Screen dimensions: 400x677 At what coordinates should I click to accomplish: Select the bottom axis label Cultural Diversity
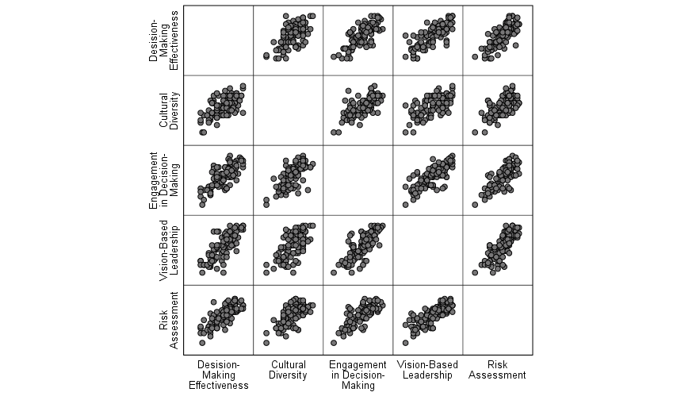[x=288, y=370]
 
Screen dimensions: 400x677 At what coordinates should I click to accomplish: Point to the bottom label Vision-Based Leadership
[x=427, y=370]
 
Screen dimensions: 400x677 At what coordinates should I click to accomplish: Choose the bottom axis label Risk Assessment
[x=497, y=370]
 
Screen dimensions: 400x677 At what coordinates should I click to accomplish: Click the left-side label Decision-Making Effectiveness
[x=164, y=40]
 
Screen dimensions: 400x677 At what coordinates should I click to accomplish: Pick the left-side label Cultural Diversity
[x=169, y=110]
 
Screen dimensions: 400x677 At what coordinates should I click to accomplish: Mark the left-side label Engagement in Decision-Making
[x=164, y=180]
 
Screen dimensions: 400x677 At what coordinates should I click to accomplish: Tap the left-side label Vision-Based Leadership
[x=169, y=250]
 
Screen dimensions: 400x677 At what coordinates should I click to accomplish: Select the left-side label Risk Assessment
[x=169, y=320]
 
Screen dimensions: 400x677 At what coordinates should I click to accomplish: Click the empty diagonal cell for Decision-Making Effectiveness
[x=218, y=40]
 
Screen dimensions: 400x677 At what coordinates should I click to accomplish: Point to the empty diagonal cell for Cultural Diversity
[x=288, y=110]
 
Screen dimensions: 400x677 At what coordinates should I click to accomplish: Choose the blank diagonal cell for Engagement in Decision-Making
[x=358, y=180]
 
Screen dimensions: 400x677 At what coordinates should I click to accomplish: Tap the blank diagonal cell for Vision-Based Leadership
[x=427, y=250]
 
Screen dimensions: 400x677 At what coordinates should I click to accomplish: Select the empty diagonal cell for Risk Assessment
[x=497, y=320]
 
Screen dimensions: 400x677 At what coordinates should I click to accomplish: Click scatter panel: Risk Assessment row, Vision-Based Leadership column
[x=427, y=320]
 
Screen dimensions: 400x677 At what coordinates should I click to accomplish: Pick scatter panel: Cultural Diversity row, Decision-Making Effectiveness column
[x=218, y=110]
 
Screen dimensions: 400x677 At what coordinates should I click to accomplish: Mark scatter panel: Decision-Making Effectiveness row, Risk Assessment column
[x=497, y=40]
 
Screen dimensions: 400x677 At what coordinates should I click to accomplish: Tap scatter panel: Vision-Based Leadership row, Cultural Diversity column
[x=288, y=250]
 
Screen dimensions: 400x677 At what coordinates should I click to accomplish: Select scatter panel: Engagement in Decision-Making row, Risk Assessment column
[x=497, y=180]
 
